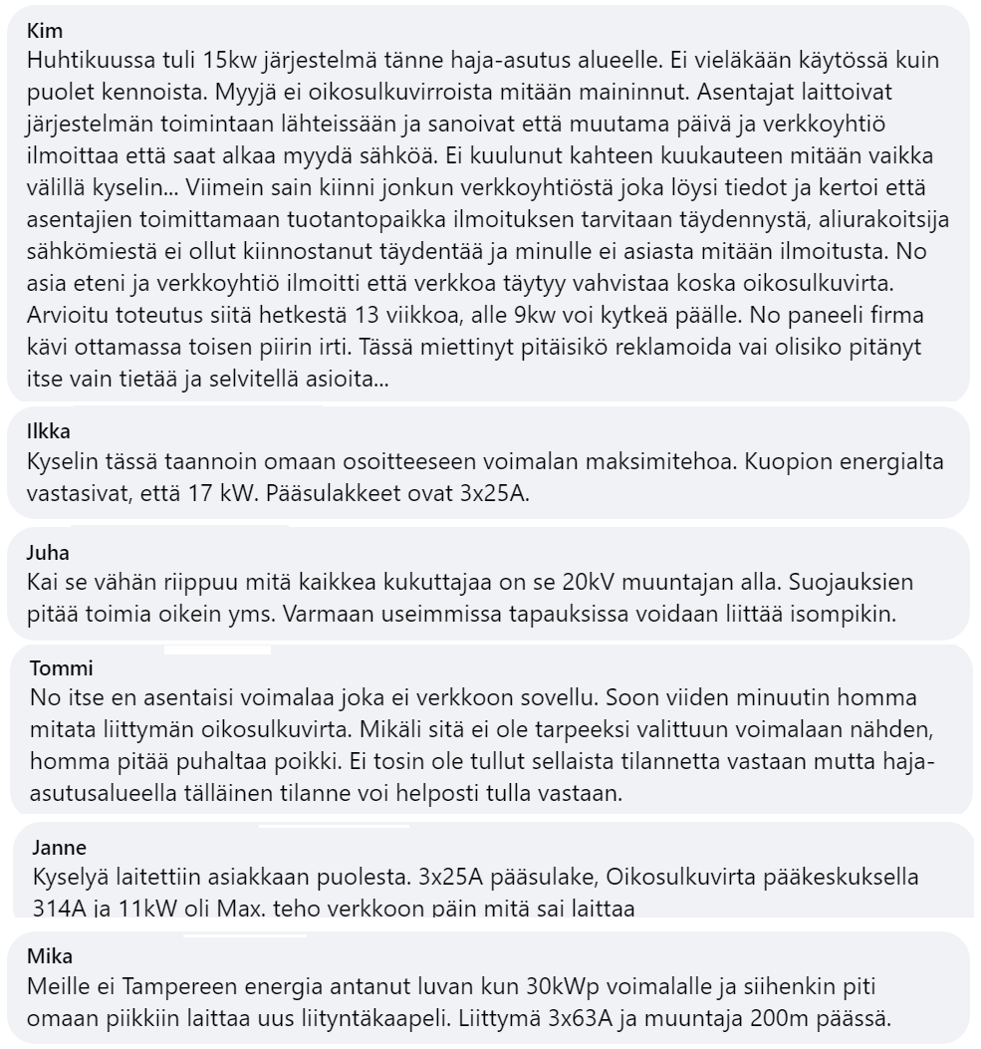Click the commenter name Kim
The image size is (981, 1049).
[x=46, y=31]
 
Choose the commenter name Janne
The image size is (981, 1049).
[x=59, y=848]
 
